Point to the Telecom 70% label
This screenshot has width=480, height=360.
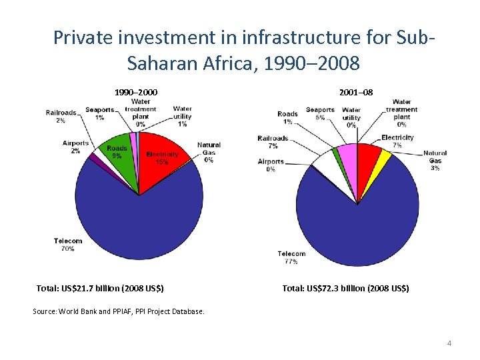(68, 245)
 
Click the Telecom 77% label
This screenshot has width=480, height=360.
(291, 257)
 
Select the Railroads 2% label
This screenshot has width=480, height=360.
(61, 117)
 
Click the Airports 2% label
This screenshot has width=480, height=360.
(75, 147)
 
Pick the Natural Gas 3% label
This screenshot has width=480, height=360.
(435, 161)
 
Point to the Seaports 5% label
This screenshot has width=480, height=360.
(320, 113)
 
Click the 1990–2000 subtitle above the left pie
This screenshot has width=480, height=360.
(136, 91)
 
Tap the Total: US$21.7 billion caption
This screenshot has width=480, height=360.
(100, 289)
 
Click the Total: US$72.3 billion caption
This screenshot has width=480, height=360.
(345, 289)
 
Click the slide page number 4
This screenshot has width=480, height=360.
(449, 343)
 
